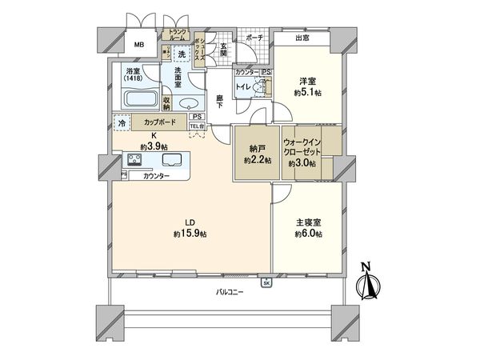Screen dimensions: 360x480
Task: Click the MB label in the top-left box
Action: [x=139, y=44]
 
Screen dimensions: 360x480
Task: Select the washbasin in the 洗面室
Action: [x=189, y=104]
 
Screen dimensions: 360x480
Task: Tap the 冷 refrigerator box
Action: [x=122, y=123]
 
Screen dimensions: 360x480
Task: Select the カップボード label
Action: [x=161, y=123]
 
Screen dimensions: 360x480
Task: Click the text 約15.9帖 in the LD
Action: [x=189, y=234]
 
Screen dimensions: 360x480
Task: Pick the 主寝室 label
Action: [x=307, y=222]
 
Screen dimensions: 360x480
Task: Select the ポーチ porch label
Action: [x=254, y=37]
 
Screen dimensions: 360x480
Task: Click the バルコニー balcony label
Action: [x=228, y=292]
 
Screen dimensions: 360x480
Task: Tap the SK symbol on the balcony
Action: [x=266, y=282]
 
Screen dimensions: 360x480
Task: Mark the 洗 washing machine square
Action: [x=182, y=54]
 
